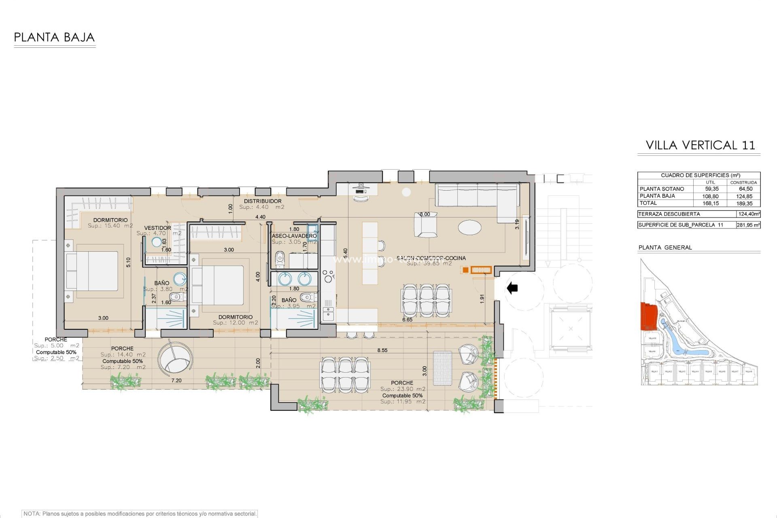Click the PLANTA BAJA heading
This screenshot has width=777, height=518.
click(55, 38)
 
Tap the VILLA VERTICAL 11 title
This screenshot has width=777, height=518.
click(700, 145)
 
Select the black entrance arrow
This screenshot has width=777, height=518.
click(512, 288)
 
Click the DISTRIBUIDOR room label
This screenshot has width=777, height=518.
click(263, 201)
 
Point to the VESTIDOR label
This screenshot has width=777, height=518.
click(157, 228)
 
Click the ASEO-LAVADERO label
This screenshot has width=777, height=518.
click(294, 236)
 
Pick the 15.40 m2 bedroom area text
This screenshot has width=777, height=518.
click(110, 226)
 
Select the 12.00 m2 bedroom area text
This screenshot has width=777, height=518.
click(235, 323)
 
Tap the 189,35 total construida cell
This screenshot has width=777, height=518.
click(745, 204)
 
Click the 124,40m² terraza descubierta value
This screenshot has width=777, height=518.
click(748, 214)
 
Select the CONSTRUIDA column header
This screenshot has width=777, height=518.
click(744, 183)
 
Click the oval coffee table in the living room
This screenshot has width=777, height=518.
click(470, 226)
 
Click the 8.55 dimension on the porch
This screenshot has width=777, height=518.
click(382, 350)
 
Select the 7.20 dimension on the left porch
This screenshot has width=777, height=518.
click(176, 381)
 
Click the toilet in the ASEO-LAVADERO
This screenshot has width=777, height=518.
click(280, 259)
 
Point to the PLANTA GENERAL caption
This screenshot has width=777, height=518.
click(665, 248)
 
